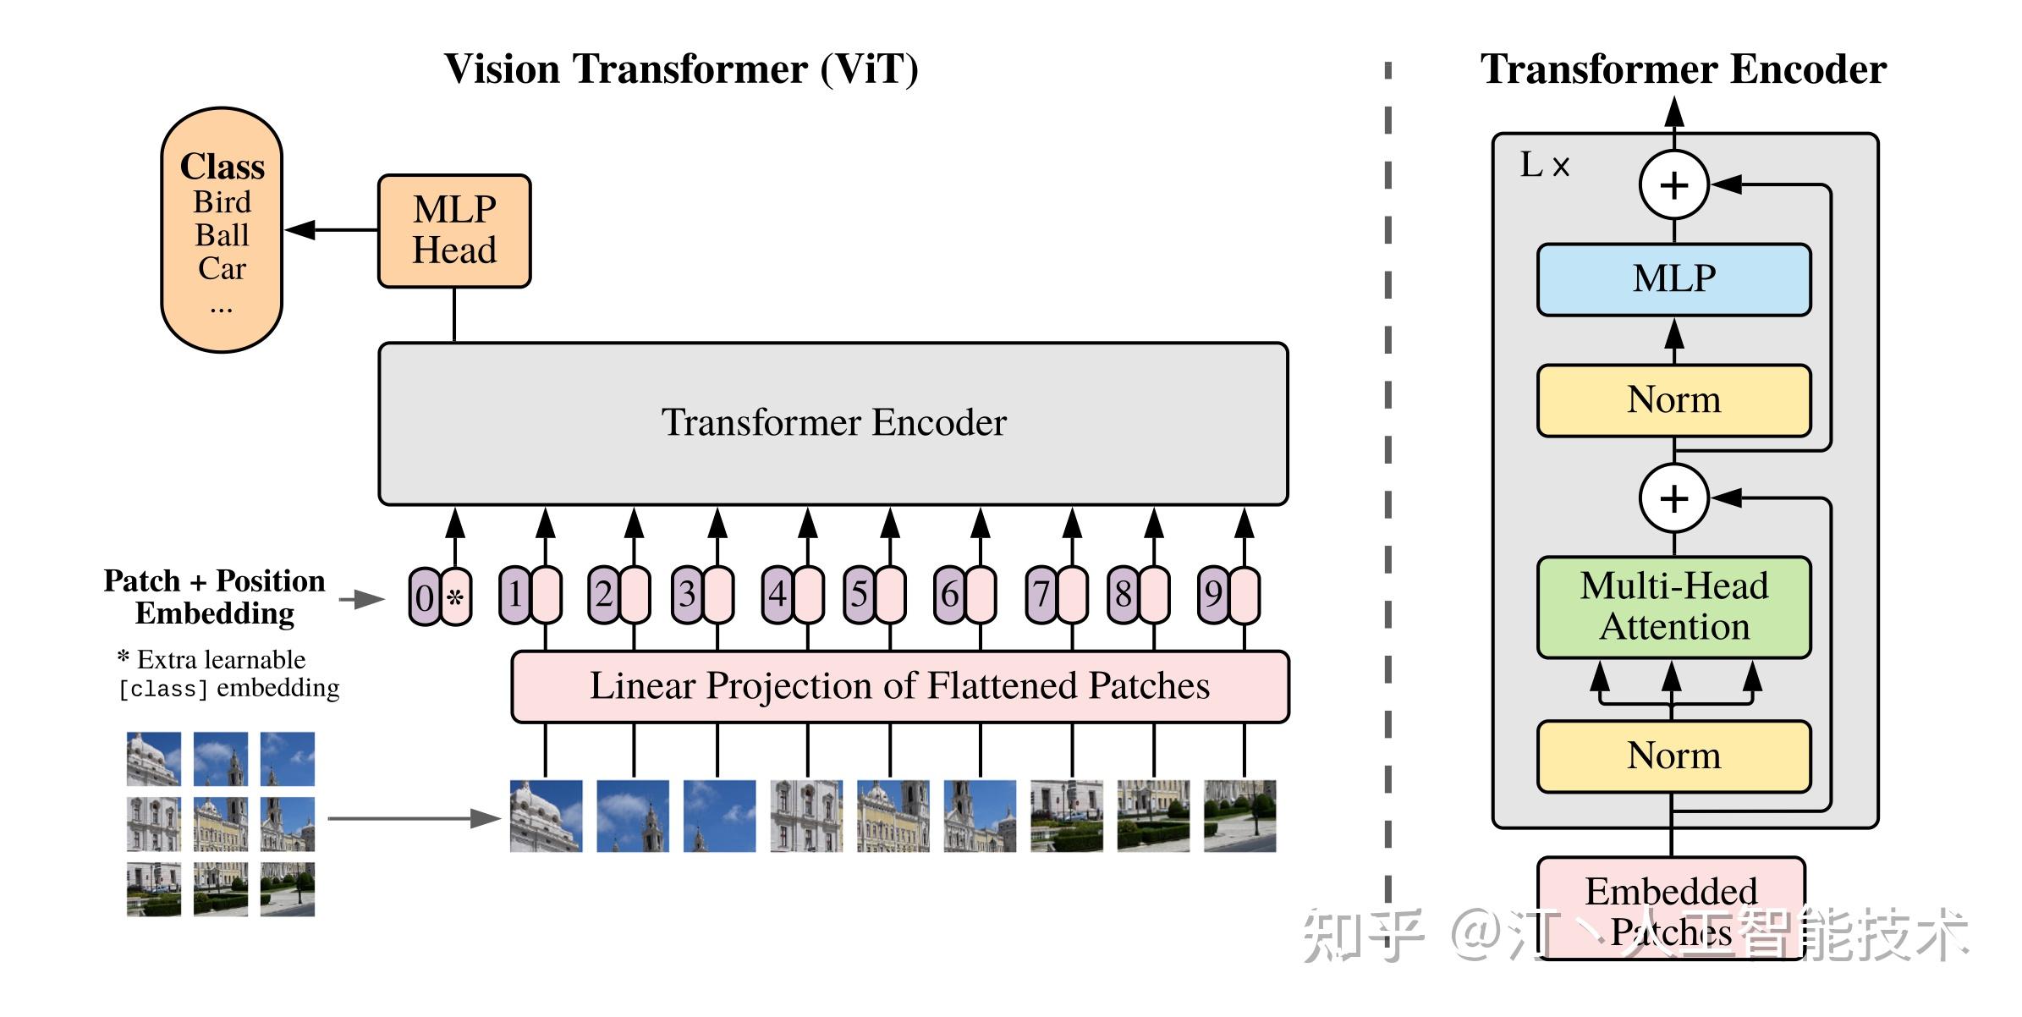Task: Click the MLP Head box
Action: tap(454, 231)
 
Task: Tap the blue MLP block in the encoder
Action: tap(1673, 279)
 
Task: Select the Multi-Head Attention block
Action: tap(1673, 607)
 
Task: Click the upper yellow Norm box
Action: tap(1673, 400)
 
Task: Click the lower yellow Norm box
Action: tap(1673, 756)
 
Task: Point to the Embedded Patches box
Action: tap(1671, 907)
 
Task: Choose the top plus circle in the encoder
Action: tap(1674, 184)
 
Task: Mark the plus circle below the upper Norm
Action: tap(1674, 498)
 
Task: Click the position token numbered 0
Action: tap(425, 597)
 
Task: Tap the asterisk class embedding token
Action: tap(456, 597)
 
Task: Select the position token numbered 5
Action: tap(859, 595)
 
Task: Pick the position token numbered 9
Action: tap(1213, 595)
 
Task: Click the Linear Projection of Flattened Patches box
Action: tap(899, 686)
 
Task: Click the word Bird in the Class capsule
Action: tap(222, 202)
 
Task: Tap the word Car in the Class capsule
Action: tap(222, 268)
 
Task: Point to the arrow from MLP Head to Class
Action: tap(332, 229)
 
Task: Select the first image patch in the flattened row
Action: tap(546, 816)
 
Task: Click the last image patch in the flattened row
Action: tap(1239, 816)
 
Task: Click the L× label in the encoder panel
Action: tap(1544, 165)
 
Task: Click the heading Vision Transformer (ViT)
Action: tap(681, 69)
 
